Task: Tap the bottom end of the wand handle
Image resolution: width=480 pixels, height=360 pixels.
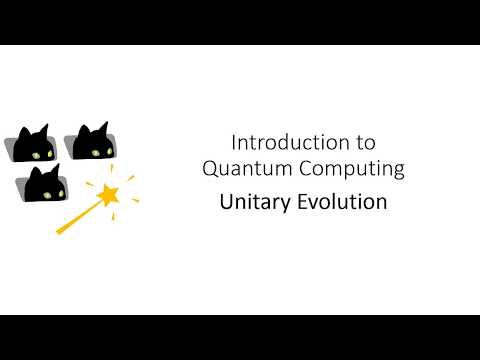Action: tap(59, 231)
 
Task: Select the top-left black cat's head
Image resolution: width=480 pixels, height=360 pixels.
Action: tap(33, 146)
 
